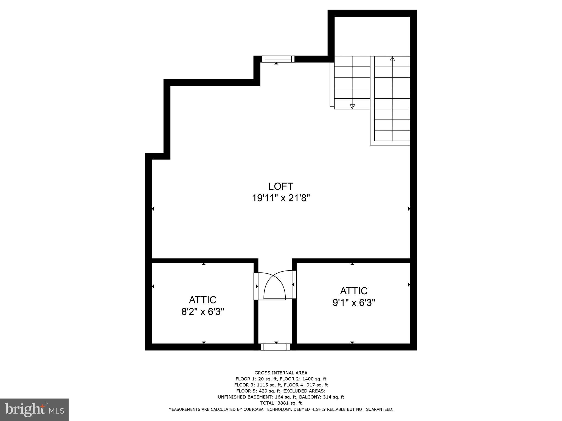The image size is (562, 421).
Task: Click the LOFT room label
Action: [281, 186]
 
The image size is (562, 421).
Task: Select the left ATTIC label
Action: [203, 300]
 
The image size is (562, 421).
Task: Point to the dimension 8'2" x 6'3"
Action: [203, 312]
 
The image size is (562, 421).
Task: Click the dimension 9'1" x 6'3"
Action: [354, 303]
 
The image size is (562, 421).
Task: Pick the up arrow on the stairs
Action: [392, 59]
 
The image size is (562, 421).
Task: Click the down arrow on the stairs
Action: [352, 107]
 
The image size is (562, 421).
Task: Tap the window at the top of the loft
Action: [278, 59]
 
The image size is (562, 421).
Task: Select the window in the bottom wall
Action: [275, 347]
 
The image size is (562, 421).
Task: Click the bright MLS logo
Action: [34, 409]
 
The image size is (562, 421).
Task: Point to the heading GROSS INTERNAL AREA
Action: [281, 373]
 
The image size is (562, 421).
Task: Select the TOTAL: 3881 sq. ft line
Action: [281, 403]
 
